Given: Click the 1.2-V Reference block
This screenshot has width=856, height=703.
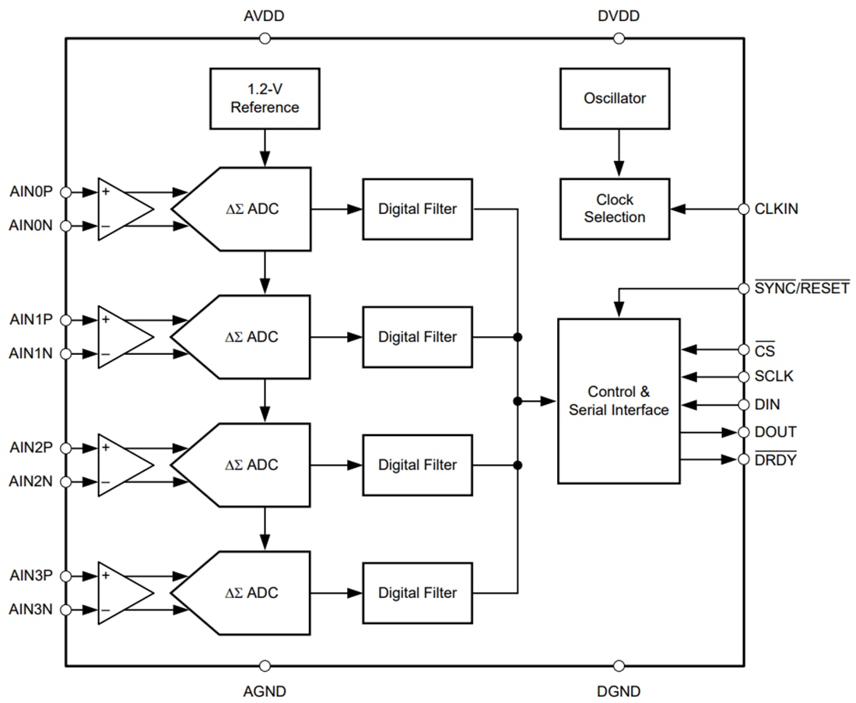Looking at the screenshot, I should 265,98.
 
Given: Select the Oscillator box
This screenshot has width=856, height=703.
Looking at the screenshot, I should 614,98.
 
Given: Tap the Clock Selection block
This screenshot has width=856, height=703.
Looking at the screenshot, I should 614,209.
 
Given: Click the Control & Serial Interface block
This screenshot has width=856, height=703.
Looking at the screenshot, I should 619,401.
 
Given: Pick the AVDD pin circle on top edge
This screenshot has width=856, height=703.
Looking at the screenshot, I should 265,38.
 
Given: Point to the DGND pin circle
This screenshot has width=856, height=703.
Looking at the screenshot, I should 619,666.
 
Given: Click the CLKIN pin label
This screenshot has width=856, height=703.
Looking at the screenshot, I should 776,209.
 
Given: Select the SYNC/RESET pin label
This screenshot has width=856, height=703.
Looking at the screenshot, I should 802,289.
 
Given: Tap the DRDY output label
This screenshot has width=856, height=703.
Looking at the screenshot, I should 776,460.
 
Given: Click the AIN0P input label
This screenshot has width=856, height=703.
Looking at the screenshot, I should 31,192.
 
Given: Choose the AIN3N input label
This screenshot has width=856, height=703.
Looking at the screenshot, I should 31,609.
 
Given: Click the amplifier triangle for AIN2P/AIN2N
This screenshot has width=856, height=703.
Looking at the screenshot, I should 125,465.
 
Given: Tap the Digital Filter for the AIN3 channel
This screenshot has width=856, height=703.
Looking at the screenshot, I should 417,592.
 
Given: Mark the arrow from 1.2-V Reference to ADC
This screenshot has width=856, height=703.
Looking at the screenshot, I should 265,147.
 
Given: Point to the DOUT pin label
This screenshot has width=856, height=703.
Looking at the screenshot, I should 775,432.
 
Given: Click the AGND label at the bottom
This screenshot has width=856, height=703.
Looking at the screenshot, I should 265,691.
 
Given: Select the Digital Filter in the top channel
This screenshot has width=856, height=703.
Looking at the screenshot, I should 417,209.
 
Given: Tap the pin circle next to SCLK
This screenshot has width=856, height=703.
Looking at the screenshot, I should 743,377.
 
